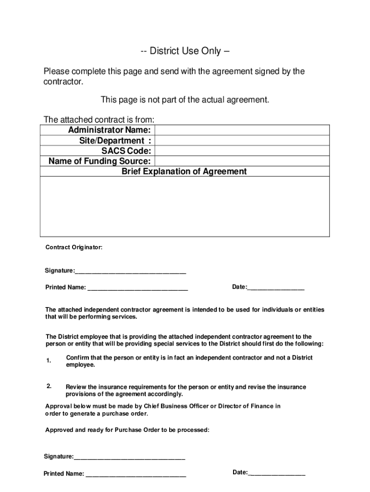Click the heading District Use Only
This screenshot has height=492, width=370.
coord(185,51)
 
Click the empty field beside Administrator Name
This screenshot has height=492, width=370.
coord(242,130)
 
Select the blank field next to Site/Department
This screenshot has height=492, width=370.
coord(242,140)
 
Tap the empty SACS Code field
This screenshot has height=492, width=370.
coord(242,151)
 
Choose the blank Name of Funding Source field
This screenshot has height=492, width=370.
coord(242,161)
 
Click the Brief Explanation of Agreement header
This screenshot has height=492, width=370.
coord(185,172)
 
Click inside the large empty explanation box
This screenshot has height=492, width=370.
coord(185,207)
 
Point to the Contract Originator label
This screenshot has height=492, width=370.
coord(74,247)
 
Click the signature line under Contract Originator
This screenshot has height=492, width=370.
coord(130,272)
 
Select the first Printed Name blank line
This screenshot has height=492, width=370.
coord(137,289)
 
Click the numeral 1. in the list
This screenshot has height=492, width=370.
coord(49,361)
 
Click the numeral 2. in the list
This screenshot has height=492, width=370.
coord(49,387)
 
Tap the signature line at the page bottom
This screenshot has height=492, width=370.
coord(129,457)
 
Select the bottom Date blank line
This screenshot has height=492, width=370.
coord(276,473)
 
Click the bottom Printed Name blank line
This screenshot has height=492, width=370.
coord(136,474)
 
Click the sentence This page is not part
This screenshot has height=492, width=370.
coord(185,100)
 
